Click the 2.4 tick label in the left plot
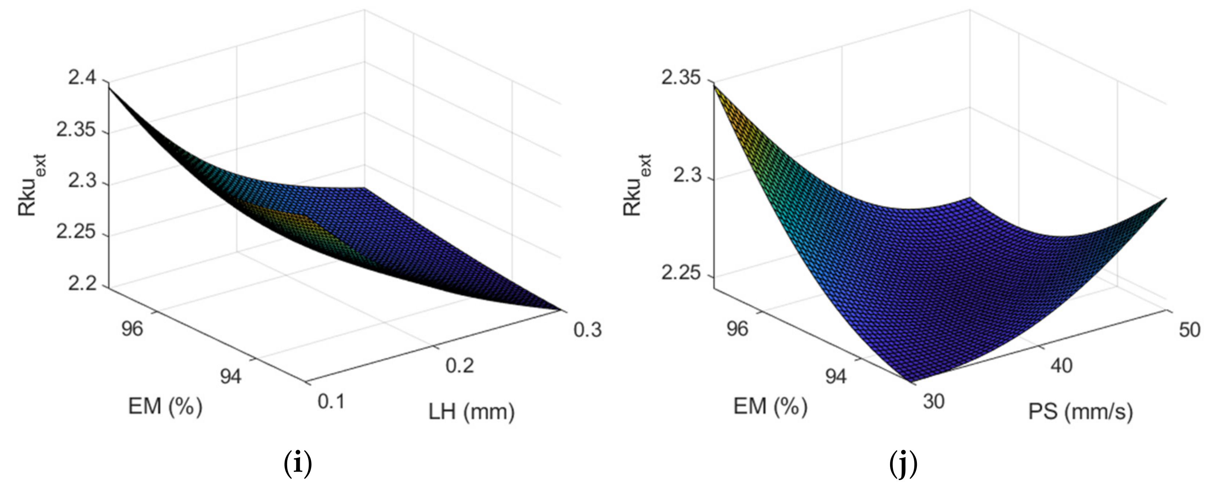pyautogui.click(x=82, y=77)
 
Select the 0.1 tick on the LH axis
pyautogui.click(x=331, y=401)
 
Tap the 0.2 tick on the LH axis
pyautogui.click(x=460, y=365)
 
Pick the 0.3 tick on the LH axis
pyautogui.click(x=587, y=330)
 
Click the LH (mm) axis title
pyautogui.click(x=471, y=412)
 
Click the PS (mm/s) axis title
pyautogui.click(x=1080, y=412)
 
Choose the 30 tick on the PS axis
pyautogui.click(x=934, y=401)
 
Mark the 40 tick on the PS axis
pyautogui.click(x=1061, y=365)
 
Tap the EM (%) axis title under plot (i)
pyautogui.click(x=165, y=406)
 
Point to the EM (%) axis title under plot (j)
pyautogui.click(x=770, y=406)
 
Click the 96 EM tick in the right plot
pyautogui.click(x=737, y=329)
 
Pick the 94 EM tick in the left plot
pyautogui.click(x=231, y=376)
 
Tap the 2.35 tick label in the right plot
pyautogui.click(x=681, y=77)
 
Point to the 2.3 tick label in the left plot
pyautogui.click(x=82, y=181)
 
